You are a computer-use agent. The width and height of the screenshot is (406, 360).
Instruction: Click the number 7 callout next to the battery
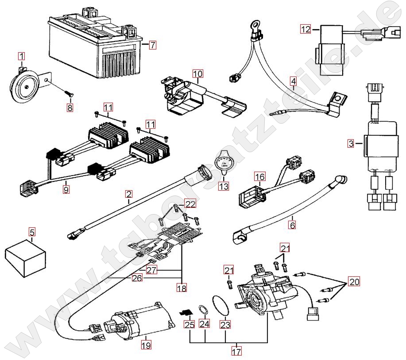(152, 45)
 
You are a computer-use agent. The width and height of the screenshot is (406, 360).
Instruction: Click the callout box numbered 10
(197, 73)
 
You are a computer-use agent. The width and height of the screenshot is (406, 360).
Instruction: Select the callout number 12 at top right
(306, 29)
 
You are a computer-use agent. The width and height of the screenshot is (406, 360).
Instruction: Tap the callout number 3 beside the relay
(351, 143)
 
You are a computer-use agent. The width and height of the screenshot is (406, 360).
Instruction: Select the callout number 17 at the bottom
(236, 352)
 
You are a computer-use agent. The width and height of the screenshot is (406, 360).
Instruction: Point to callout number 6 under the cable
(292, 225)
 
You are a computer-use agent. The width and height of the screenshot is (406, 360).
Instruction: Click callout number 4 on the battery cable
(293, 81)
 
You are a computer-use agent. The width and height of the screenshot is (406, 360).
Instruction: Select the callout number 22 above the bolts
(189, 204)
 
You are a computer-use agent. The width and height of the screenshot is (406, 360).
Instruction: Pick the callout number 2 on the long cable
(128, 193)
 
